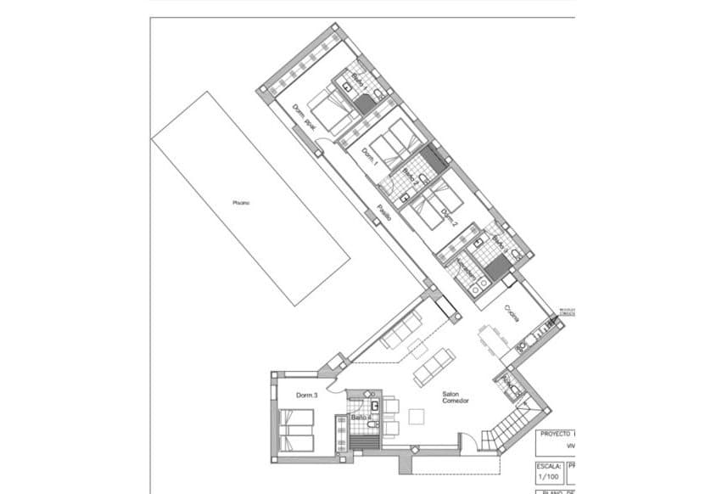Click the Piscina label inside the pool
[x=240, y=202]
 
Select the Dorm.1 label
[x=369, y=157]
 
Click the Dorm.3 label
[x=306, y=396]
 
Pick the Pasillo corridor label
[x=384, y=212]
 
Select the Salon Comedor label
[x=456, y=399]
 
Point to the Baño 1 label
[x=359, y=83]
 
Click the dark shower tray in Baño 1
[x=365, y=104]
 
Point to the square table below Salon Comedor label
[x=417, y=417]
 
